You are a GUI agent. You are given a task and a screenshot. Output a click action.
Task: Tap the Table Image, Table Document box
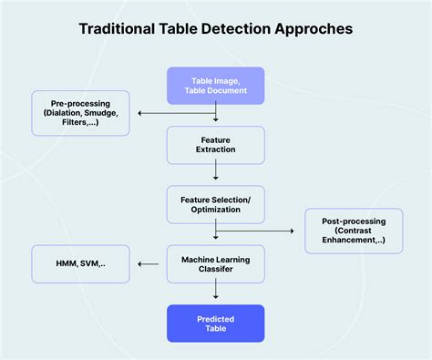click(215, 86)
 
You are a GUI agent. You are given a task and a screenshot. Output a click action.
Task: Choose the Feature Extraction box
click(215, 145)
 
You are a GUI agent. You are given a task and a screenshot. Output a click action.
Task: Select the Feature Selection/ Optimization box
click(215, 204)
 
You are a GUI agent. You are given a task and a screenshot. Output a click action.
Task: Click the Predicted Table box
click(215, 323)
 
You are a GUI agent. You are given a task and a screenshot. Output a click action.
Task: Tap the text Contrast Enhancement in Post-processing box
click(355, 239)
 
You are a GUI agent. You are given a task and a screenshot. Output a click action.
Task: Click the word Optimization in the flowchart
click(215, 211)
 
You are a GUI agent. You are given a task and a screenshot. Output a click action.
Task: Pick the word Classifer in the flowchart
click(215, 270)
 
